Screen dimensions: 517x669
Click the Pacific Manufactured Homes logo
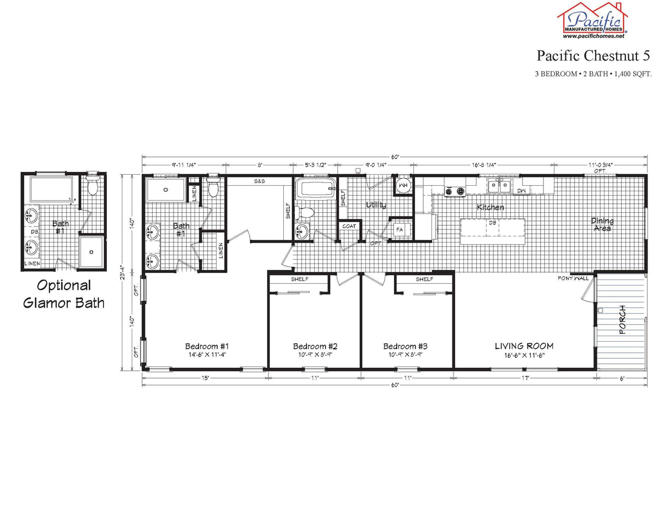(592, 20)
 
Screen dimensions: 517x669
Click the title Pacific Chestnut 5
(594, 56)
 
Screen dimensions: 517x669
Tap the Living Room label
(524, 346)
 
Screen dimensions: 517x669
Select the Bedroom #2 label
(315, 347)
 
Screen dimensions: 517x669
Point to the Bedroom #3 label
(405, 347)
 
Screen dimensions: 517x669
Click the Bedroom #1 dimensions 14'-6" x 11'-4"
(207, 355)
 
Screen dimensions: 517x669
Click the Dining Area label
(602, 224)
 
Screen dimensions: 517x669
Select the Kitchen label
(490, 208)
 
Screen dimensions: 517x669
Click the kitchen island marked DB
(492, 230)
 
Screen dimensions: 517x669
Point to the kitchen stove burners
(455, 191)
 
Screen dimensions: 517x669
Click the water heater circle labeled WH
(403, 185)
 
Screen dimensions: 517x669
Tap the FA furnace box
(400, 229)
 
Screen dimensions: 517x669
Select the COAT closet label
(349, 226)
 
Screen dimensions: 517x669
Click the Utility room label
(376, 206)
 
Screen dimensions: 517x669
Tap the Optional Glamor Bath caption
(64, 294)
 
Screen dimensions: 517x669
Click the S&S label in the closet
(259, 181)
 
